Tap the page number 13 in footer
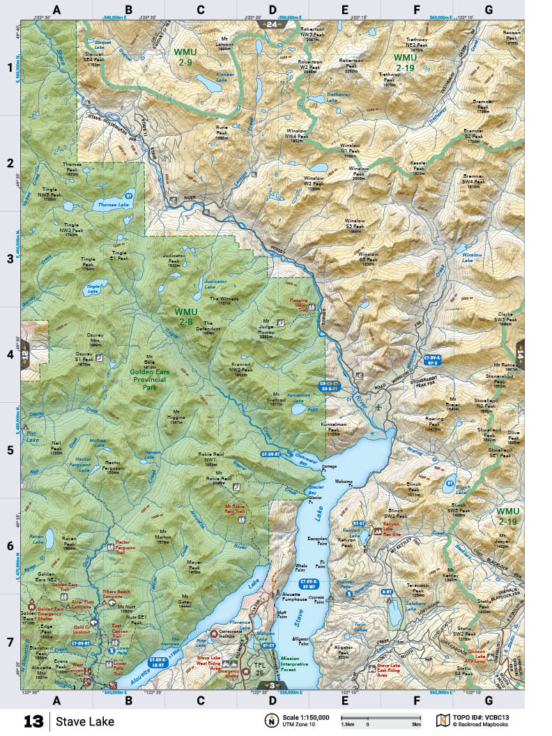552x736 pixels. (33, 720)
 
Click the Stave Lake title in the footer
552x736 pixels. (85, 720)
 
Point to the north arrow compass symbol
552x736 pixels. (268, 720)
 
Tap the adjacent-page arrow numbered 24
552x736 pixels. (269, 24)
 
